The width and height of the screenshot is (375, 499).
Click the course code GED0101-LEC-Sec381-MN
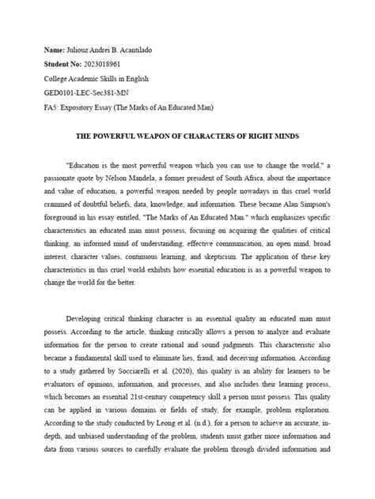[97, 94]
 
